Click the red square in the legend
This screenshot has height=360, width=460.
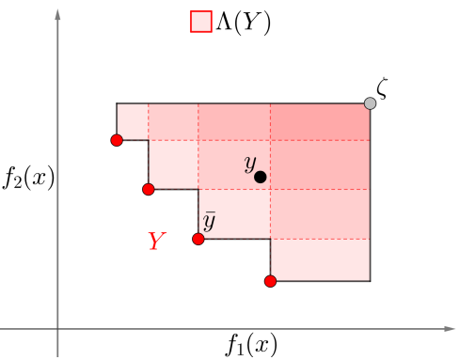(200, 22)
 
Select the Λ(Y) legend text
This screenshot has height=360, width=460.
(244, 23)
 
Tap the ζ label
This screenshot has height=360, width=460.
(382, 88)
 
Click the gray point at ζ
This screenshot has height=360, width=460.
(370, 103)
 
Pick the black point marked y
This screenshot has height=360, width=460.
(261, 177)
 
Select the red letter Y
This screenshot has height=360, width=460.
(157, 242)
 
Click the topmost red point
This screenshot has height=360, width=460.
(117, 141)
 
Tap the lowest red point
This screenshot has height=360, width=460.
(270, 281)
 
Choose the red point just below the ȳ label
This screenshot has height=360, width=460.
(198, 239)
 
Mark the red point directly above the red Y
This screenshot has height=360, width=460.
(149, 189)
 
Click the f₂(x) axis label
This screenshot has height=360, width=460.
(26, 178)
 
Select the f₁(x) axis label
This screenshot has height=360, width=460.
(250, 344)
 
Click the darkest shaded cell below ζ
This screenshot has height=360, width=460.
(320, 121)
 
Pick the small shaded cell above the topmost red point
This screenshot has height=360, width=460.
(133, 121)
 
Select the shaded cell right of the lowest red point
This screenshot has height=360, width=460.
(320, 260)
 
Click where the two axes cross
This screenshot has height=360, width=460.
(58, 329)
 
